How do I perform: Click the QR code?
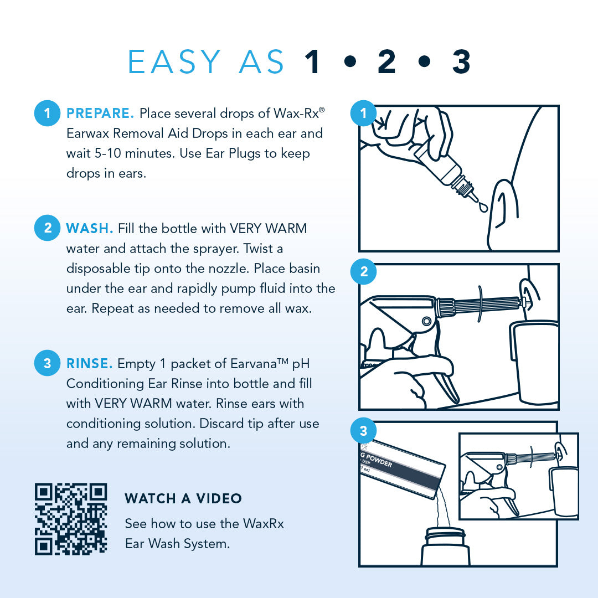pyautogui.click(x=71, y=519)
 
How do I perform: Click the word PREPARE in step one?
pyautogui.click(x=100, y=114)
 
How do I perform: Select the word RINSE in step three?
pyautogui.click(x=89, y=363)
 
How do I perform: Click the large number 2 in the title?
pyautogui.click(x=386, y=61)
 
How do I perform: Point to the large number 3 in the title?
pyautogui.click(x=461, y=61)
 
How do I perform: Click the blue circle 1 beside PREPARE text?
pyautogui.click(x=47, y=113)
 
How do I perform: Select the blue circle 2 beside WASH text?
pyautogui.click(x=47, y=228)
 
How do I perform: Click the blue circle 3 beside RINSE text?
pyautogui.click(x=47, y=363)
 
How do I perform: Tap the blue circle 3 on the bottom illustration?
pyautogui.click(x=363, y=431)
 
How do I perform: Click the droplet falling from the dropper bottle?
pyautogui.click(x=483, y=207)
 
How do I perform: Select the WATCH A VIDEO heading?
pyautogui.click(x=183, y=498)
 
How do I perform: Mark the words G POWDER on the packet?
pyautogui.click(x=376, y=460)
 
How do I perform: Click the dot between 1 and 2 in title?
pyautogui.click(x=350, y=61)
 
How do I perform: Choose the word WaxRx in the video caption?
pyautogui.click(x=263, y=524)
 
